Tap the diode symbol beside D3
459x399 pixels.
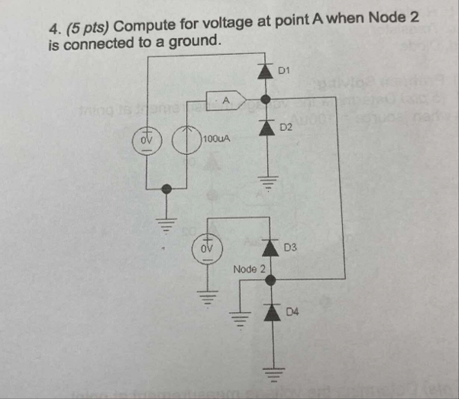pos(268,249)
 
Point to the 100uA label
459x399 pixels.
pos(217,140)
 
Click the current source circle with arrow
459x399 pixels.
pos(186,141)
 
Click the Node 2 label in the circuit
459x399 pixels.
pos(249,269)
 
